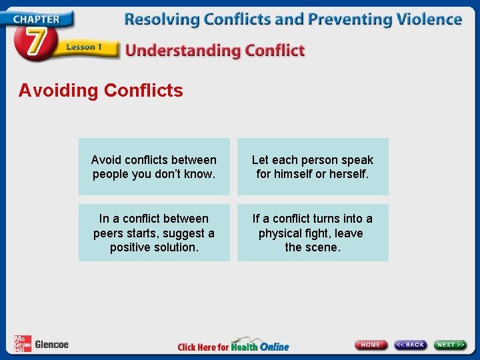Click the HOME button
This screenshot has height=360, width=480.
tap(371, 345)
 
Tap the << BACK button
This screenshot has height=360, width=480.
tap(410, 345)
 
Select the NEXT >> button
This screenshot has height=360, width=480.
tap(451, 345)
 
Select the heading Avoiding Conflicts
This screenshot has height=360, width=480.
tap(101, 91)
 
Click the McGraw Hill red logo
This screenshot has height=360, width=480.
tap(22, 344)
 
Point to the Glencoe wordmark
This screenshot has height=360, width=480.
tap(51, 345)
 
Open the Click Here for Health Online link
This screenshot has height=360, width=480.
tap(233, 346)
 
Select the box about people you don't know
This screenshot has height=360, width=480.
tap(154, 167)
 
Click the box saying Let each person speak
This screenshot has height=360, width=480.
tap(313, 167)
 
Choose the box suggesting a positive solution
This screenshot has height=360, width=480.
tap(154, 233)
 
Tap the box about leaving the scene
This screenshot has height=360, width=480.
tap(313, 233)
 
